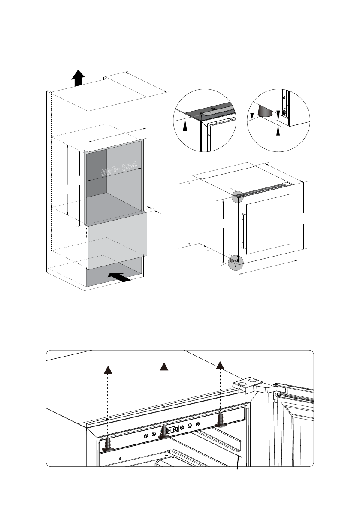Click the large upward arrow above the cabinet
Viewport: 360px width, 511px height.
tap(77, 79)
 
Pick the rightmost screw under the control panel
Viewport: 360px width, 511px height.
tap(220, 420)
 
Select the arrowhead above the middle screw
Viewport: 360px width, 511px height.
tap(163, 366)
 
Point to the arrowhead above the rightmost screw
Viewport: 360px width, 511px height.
tap(220, 365)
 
